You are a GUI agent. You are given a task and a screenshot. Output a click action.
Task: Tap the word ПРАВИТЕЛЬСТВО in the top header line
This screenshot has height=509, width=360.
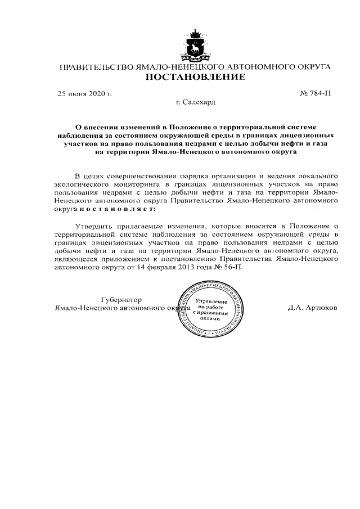[94, 67]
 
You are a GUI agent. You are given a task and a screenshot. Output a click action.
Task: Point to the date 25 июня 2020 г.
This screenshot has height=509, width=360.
[85, 93]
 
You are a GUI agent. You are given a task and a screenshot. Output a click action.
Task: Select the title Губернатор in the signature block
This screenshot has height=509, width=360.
[121, 299]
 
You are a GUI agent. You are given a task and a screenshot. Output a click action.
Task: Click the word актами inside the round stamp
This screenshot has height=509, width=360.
[210, 318]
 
